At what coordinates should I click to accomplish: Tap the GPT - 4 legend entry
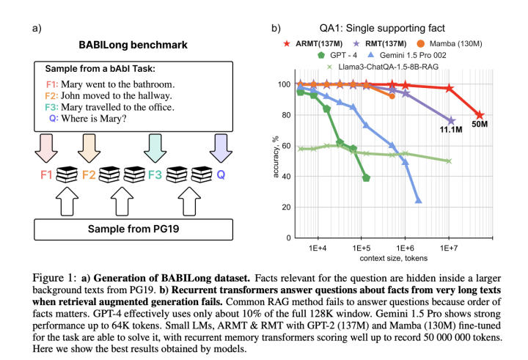point(341,55)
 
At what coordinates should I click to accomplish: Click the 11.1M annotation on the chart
point(450,130)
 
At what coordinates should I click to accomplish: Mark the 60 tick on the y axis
point(283,146)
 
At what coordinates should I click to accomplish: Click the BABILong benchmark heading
point(133,45)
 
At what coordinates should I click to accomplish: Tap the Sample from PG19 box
point(133,229)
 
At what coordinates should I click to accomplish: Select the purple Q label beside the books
point(220,175)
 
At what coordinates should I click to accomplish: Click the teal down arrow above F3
point(154,147)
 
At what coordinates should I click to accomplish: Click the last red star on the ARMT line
point(480,115)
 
